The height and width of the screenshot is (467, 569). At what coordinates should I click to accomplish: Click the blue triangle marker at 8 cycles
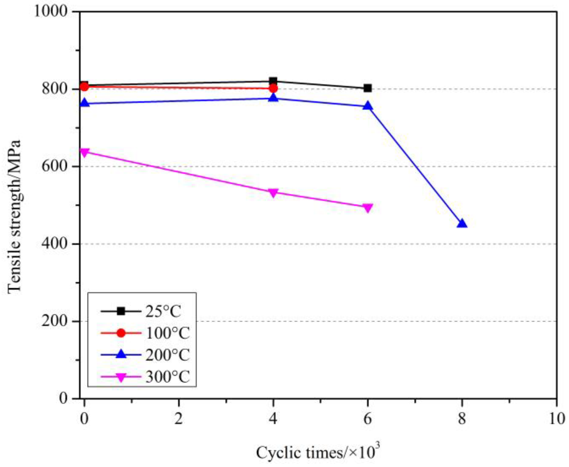pos(462,224)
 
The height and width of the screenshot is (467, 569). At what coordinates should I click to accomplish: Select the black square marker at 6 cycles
pos(367,88)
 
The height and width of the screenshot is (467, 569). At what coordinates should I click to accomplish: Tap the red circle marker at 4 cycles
pos(273,89)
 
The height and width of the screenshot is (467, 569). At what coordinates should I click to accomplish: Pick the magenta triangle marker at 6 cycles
pos(367,208)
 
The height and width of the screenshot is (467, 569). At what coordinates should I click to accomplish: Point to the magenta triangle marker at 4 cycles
pos(273,193)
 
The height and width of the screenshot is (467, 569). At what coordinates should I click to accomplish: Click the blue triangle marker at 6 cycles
pos(367,106)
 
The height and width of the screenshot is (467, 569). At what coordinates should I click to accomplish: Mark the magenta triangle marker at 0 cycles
pos(84,152)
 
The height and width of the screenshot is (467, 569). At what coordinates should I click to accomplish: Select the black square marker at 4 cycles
pos(273,81)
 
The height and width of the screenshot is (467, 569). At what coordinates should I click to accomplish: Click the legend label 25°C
pos(163,311)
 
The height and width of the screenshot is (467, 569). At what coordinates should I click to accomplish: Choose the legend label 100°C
pos(167,333)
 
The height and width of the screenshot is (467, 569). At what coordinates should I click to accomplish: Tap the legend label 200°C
pos(167,355)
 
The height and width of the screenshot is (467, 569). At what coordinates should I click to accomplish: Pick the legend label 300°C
pos(167,376)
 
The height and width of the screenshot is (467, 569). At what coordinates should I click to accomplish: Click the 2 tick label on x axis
pos(178,419)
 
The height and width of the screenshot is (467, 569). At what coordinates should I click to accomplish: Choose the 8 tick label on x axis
pos(462,419)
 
